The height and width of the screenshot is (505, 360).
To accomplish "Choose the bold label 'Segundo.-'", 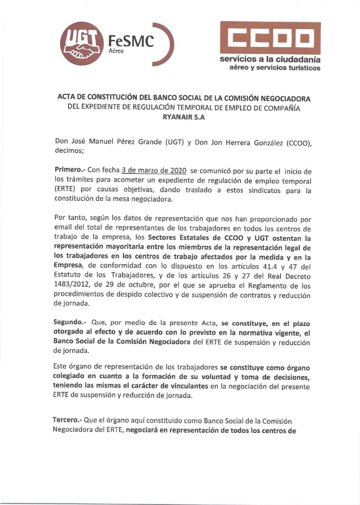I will click(x=70, y=322).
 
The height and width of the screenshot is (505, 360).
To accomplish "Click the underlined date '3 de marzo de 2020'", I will click(x=154, y=170).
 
